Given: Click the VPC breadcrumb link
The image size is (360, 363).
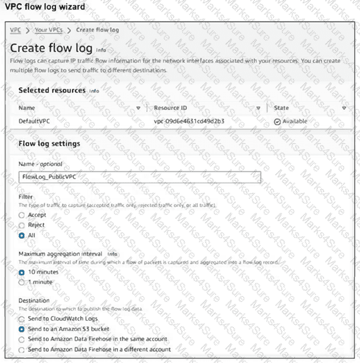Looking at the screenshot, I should click(x=16, y=29).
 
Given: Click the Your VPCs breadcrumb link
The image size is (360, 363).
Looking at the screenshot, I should click(x=49, y=29).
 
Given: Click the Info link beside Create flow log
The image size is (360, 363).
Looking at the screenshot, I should click(x=101, y=49).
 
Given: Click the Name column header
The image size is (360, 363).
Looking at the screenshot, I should click(x=27, y=108).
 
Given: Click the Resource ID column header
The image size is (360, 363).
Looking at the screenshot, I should click(x=170, y=108).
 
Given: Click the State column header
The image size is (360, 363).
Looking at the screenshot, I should click(x=281, y=108).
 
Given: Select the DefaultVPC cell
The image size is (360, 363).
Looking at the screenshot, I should click(x=34, y=121).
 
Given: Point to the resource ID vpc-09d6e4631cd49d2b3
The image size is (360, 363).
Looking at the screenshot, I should click(x=189, y=121).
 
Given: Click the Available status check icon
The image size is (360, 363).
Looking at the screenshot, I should click(x=277, y=122).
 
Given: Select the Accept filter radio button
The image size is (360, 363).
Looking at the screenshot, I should click(x=22, y=215).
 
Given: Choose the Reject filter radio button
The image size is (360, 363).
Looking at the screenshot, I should click(x=22, y=225).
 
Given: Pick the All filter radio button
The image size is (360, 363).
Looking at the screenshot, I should click(x=22, y=236).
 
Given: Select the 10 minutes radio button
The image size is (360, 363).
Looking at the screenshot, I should click(x=22, y=273).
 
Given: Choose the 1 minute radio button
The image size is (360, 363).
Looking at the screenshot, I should click(x=22, y=283).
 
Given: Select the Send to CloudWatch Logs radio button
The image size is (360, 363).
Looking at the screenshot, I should click(x=22, y=319).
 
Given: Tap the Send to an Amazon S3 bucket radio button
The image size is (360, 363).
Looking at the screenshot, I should click(x=22, y=329).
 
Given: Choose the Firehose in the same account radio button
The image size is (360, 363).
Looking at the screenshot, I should click(x=22, y=339).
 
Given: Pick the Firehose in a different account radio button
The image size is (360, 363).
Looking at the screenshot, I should click(x=22, y=350).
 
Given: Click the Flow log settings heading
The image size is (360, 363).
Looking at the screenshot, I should click(x=49, y=144).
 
